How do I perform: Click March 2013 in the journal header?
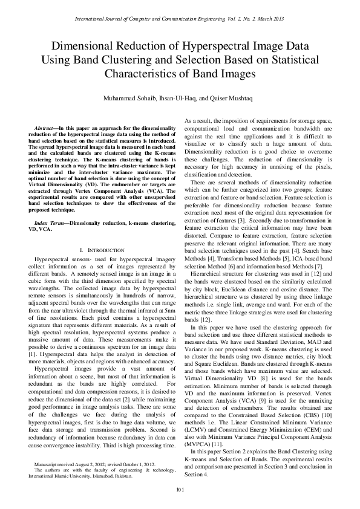click(x=271, y=19)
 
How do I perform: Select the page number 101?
click(x=180, y=489)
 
